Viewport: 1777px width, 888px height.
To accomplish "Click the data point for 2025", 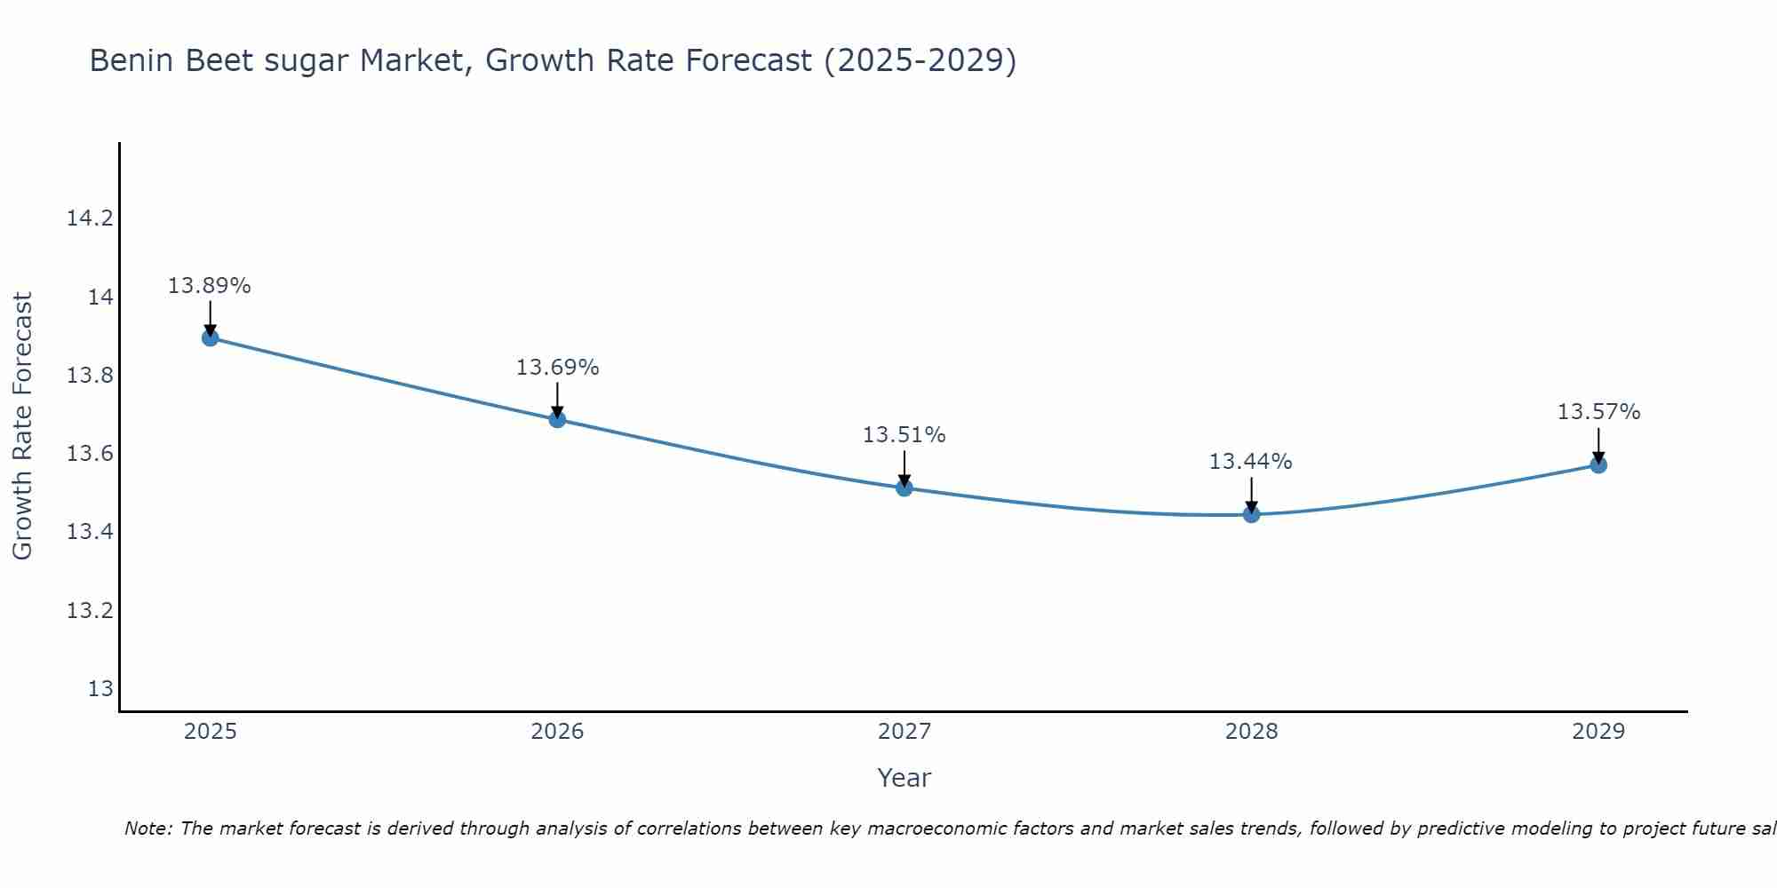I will point(211,337).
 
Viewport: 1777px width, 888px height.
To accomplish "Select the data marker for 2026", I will point(557,419).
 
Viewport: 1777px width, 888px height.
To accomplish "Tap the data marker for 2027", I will point(904,488).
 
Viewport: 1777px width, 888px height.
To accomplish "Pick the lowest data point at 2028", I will point(1251,514).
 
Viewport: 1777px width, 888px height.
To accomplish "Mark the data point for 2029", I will point(1598,464).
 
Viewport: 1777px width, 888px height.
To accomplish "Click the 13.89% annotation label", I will point(210,286).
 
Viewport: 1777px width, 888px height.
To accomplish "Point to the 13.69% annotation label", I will point(557,368).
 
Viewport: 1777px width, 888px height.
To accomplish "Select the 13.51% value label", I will point(904,435).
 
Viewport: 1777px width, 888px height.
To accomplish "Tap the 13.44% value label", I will point(1250,462).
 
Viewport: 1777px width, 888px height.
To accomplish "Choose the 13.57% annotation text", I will point(1598,412).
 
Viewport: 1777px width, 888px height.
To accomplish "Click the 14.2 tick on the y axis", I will point(91,218).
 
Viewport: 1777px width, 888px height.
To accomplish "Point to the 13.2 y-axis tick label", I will point(91,611).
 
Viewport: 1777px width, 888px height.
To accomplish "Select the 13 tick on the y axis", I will point(100,689).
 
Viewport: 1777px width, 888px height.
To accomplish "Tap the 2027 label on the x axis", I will point(904,732).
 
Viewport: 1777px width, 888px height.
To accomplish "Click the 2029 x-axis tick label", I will point(1598,732).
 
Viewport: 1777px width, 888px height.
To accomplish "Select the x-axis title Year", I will point(904,778).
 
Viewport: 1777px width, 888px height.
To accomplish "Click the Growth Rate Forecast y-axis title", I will point(22,425).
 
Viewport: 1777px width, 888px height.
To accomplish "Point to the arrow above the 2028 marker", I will point(1251,494).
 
